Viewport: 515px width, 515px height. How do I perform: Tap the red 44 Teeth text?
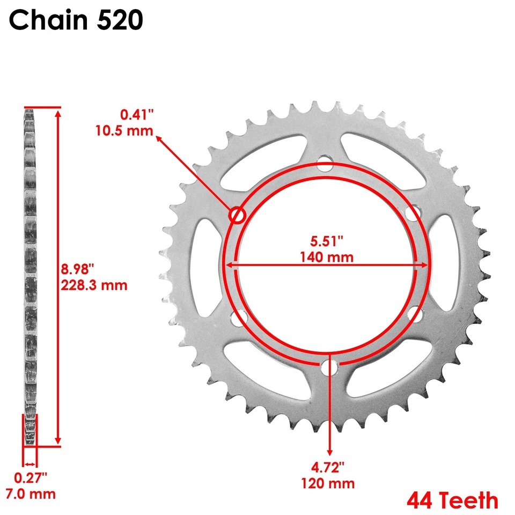coord(452,501)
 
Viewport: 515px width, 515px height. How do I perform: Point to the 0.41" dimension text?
coord(137,114)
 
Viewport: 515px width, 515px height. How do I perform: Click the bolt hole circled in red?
coord(237,215)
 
